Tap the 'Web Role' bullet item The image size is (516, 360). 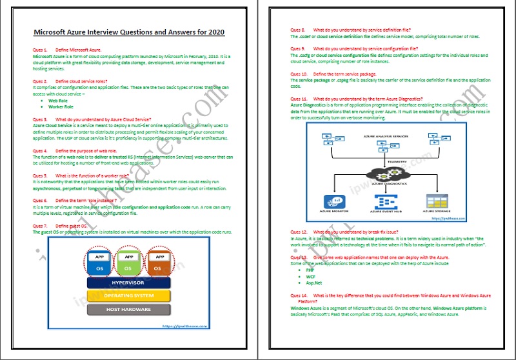point(58,101)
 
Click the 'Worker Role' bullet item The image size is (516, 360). point(62,106)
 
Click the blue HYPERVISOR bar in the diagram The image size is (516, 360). point(128,282)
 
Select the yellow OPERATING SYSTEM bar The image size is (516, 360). point(128,295)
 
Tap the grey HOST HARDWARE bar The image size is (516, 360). point(128,310)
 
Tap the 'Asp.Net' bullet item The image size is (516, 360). point(314,283)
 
